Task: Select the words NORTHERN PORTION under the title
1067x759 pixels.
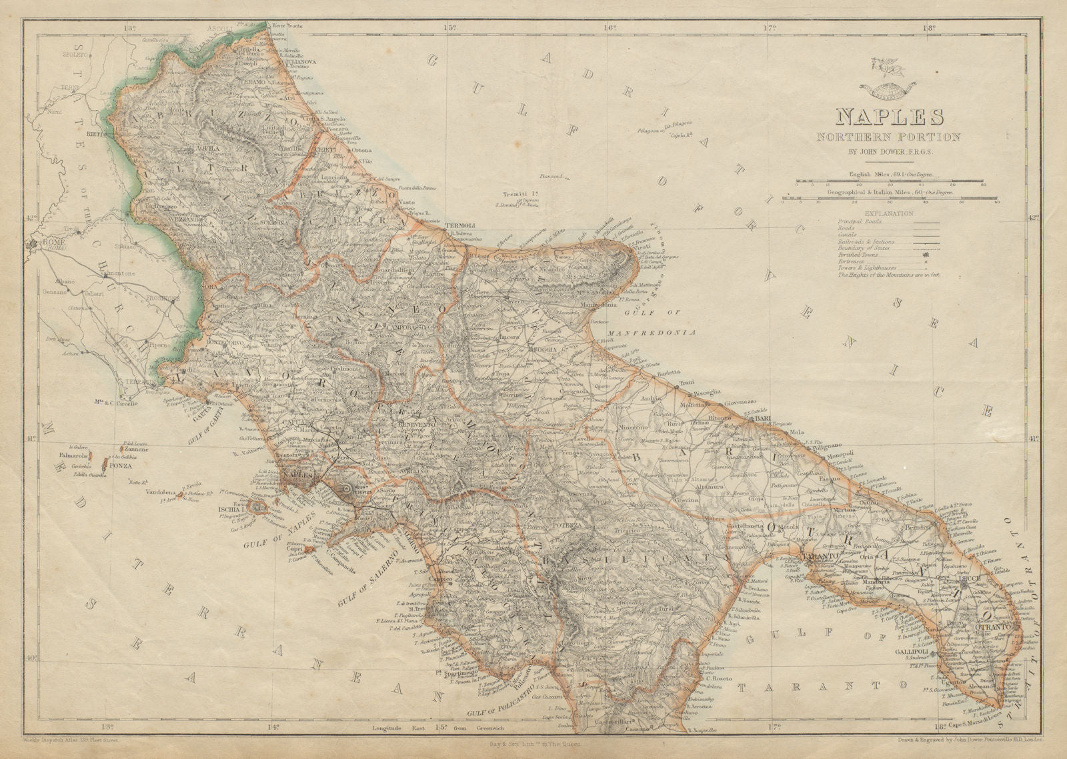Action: click(898, 137)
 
